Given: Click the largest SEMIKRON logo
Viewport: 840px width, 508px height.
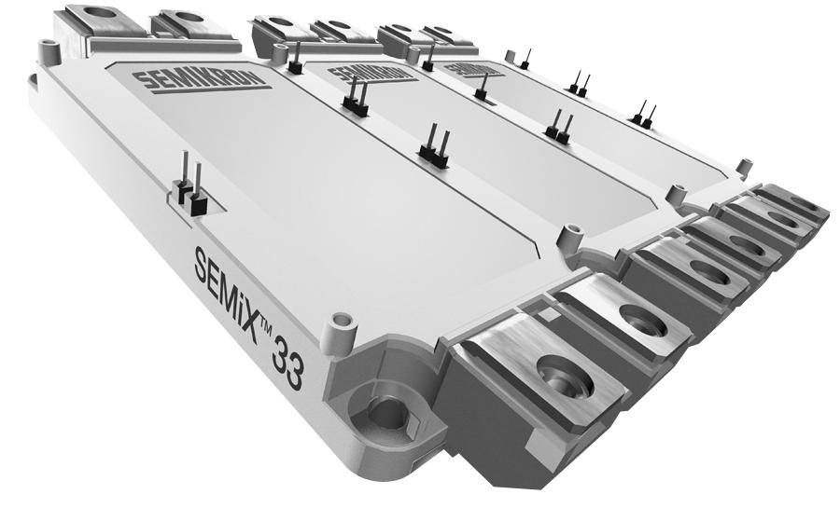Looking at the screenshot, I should tap(201, 79).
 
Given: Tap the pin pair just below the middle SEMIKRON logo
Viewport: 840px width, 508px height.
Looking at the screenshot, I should tap(355, 100).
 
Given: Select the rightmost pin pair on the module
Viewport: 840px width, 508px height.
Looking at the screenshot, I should tap(643, 116).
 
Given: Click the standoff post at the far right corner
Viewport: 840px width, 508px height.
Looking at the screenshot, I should tap(744, 168).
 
